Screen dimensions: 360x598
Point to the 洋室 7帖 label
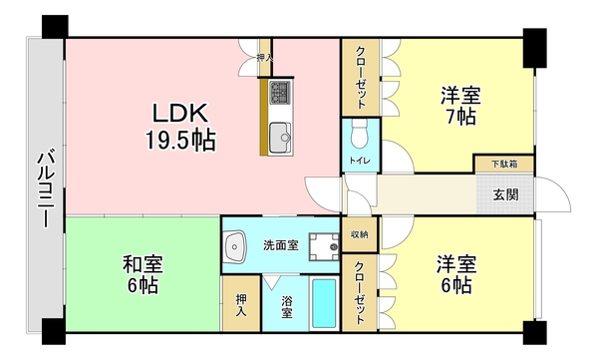[460, 107]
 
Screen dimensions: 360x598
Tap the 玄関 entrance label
[505, 193]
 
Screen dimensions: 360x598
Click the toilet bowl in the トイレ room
[360, 133]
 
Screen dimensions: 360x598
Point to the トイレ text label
[359, 160]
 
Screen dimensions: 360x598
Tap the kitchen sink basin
[278, 134]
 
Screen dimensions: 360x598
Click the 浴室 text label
[286, 306]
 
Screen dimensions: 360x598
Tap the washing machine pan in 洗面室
[324, 246]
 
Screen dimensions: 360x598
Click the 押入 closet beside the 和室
[240, 304]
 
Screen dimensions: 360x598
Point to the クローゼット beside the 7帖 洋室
[359, 77]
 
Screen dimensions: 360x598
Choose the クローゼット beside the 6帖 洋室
[359, 292]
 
